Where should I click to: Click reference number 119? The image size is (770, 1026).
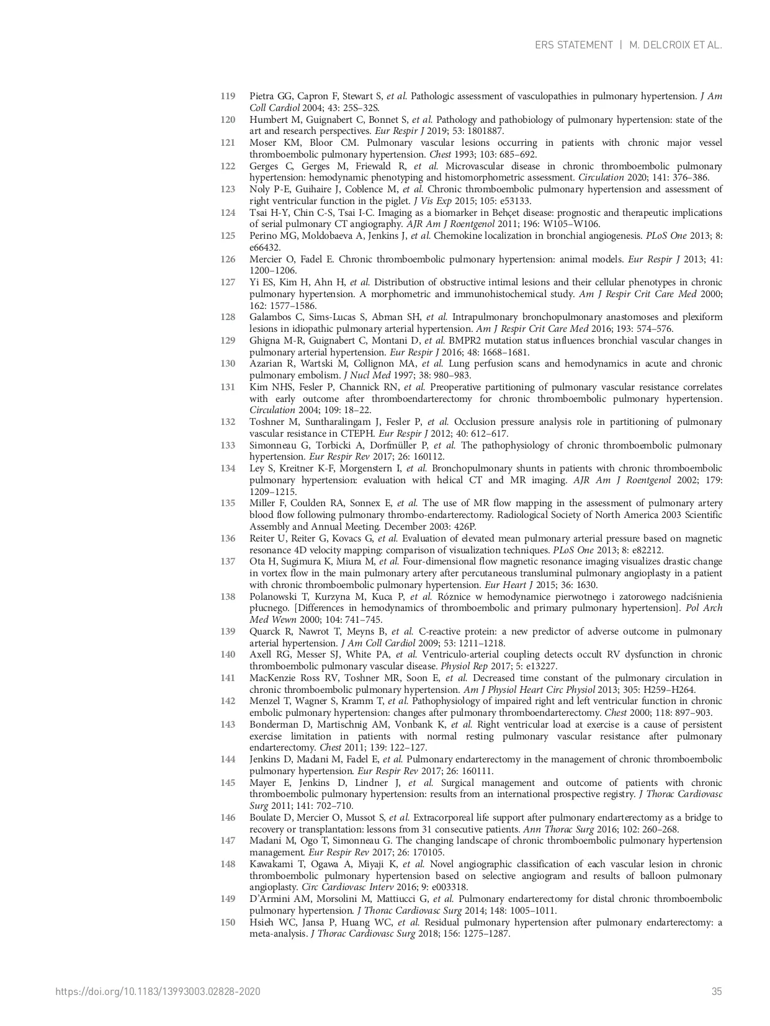coord(228,96)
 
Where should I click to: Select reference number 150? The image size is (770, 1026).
coord(228,922)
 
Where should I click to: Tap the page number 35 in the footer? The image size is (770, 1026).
coord(717,991)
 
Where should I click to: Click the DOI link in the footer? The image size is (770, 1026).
coord(158,991)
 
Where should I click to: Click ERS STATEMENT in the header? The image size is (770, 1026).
coord(573,45)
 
